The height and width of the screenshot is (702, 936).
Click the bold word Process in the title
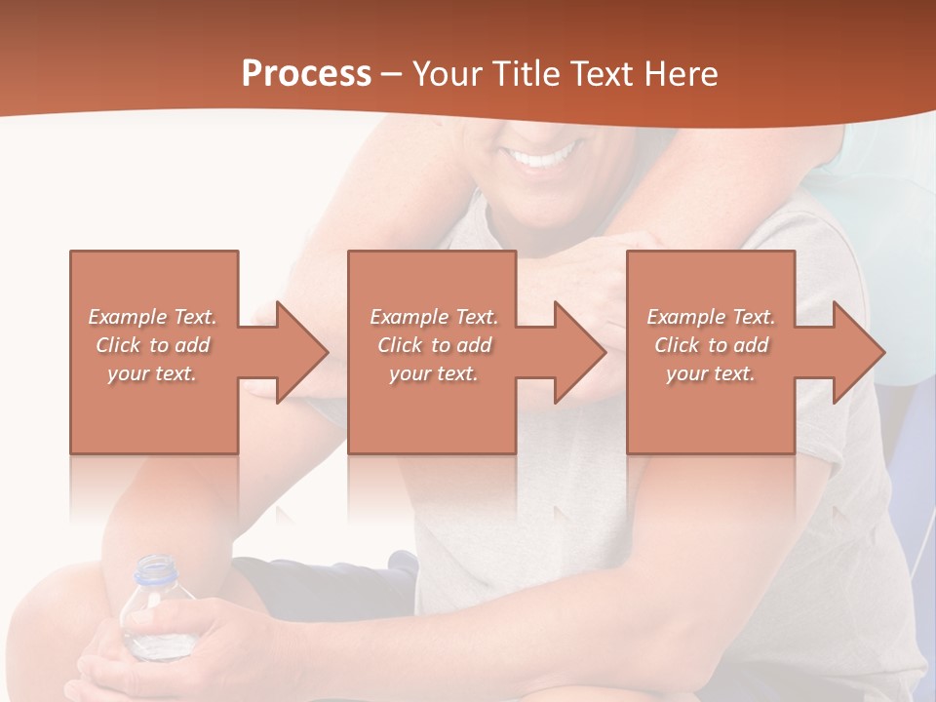[x=306, y=74]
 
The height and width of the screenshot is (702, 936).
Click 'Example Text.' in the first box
[x=153, y=317]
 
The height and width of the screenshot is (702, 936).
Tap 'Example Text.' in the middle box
[x=434, y=317]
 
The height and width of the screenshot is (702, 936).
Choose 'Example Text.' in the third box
[x=711, y=317]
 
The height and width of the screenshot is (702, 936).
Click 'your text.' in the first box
[x=152, y=373]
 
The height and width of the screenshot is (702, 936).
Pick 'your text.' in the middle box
[x=433, y=373]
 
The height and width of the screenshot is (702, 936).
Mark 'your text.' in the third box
[x=710, y=373]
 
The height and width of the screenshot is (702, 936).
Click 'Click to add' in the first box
[x=153, y=345]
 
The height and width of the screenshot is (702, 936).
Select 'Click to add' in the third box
[x=712, y=345]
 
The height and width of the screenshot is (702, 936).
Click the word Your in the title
[x=445, y=74]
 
